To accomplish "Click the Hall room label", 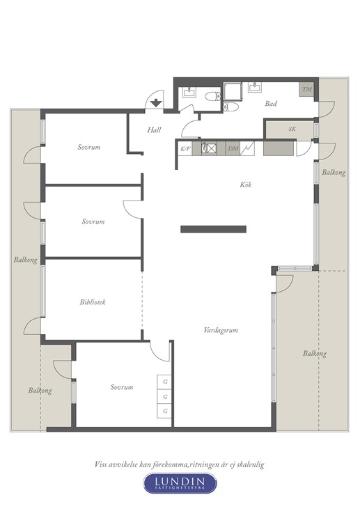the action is (154, 130).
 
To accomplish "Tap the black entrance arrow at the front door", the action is (156, 103).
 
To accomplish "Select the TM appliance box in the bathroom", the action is (306, 89).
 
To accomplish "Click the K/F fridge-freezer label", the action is (185, 149).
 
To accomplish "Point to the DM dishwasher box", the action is (233, 149).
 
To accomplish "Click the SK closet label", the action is (292, 129).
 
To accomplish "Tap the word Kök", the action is (245, 185).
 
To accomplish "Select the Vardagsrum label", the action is (221, 330).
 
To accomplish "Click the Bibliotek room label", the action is (93, 302).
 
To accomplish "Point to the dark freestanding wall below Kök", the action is (213, 229).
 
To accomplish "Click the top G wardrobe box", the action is (164, 382).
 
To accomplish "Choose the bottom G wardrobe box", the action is (164, 411).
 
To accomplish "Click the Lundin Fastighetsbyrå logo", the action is (180, 483).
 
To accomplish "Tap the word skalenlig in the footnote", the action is (250, 464).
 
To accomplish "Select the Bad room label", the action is (271, 104).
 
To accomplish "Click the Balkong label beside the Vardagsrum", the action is (315, 354).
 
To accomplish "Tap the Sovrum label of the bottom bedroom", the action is (122, 387).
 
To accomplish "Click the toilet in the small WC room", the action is (213, 96).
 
